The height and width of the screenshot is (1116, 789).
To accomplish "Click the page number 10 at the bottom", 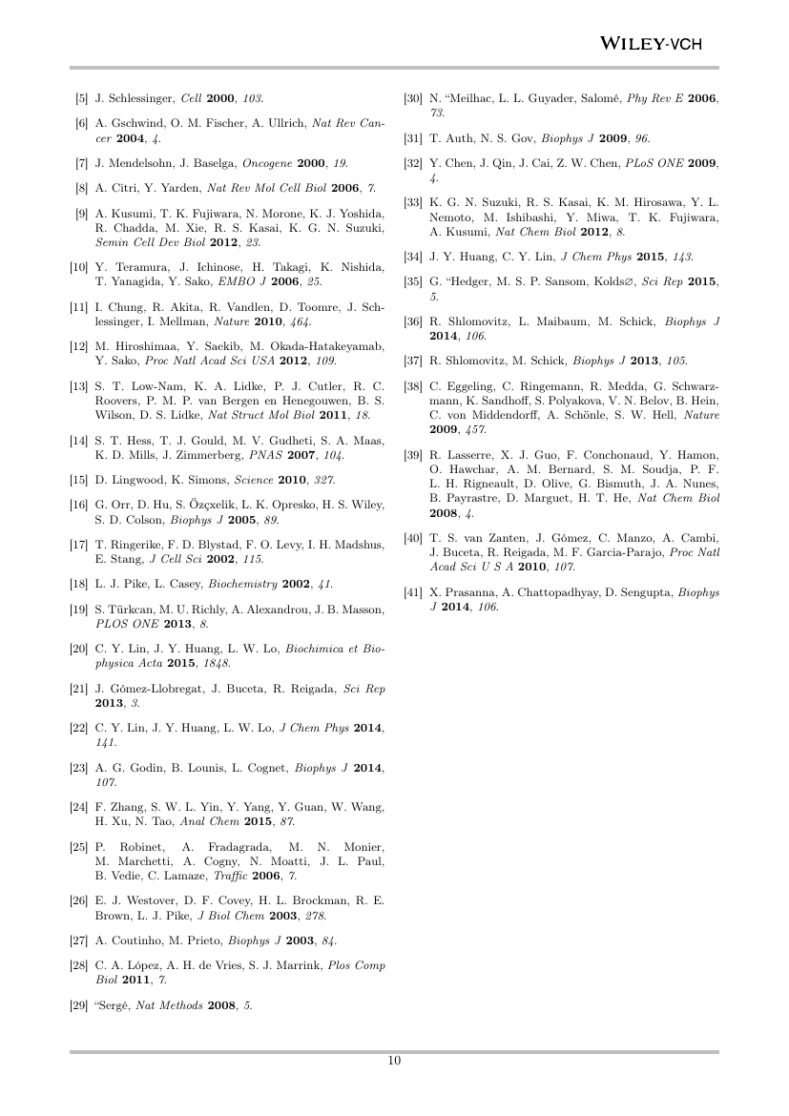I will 394,1063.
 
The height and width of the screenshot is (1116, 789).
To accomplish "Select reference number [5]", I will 83,99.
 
